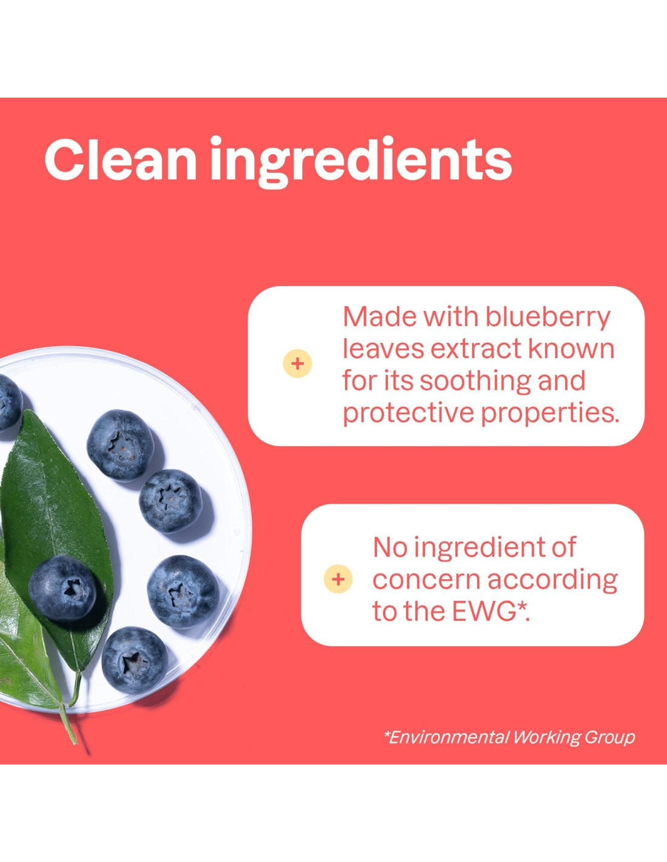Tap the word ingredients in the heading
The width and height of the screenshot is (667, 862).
(361, 161)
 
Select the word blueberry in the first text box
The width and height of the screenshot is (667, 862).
(548, 318)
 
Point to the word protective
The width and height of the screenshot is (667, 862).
(408, 413)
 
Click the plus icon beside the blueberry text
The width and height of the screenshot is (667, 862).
(298, 364)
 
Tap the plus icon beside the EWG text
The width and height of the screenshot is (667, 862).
(338, 580)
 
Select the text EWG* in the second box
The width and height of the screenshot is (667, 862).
(491, 612)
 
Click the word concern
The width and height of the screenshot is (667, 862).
(426, 581)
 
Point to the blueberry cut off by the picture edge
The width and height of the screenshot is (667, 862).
(8, 403)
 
